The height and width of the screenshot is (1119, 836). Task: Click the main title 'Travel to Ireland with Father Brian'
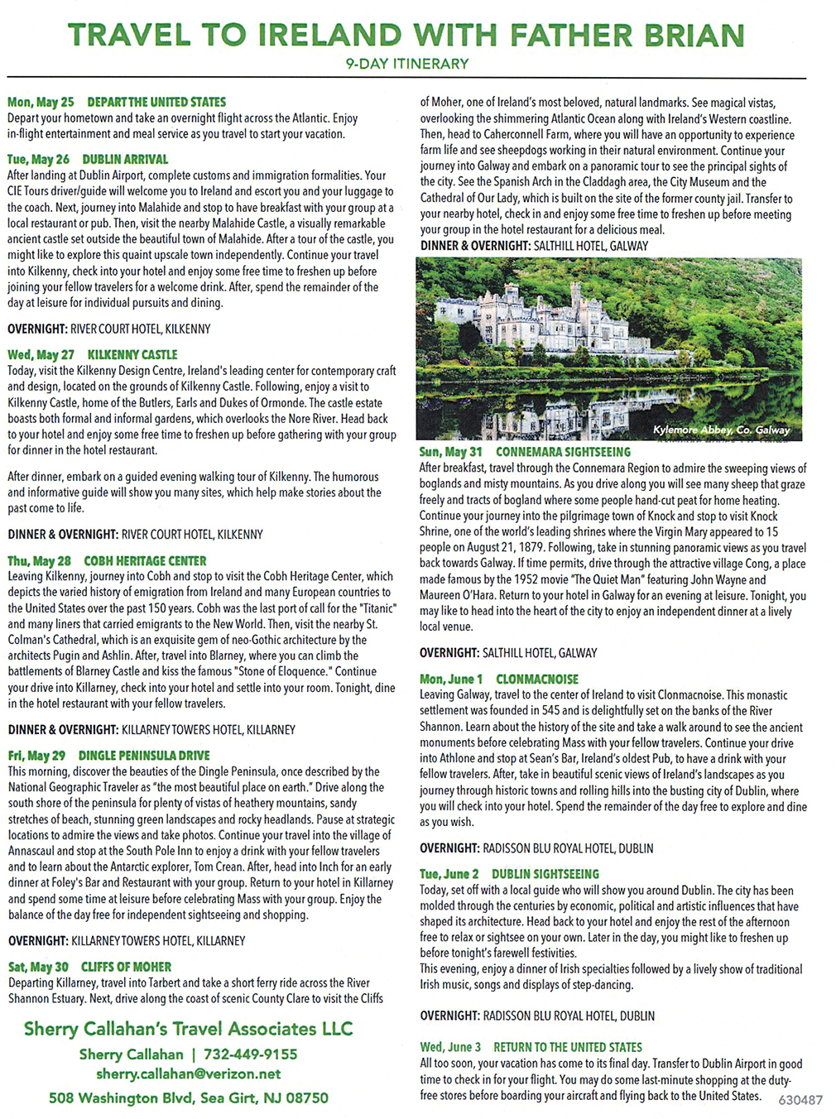click(x=406, y=36)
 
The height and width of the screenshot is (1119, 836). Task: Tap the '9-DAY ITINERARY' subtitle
click(x=406, y=64)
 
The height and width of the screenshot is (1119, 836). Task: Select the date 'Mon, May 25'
click(x=41, y=103)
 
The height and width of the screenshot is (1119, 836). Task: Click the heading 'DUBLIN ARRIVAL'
click(x=125, y=159)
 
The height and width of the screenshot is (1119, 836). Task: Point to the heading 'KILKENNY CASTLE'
click(x=132, y=354)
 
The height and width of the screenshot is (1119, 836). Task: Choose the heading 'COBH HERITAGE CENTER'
click(x=145, y=560)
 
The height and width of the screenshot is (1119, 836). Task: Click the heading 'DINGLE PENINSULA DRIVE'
click(x=144, y=756)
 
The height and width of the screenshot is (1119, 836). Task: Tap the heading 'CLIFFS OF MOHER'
click(x=126, y=967)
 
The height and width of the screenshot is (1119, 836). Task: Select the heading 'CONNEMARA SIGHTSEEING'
click(x=563, y=452)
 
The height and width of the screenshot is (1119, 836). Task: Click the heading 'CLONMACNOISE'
click(x=537, y=679)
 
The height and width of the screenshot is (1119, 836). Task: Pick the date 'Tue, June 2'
click(x=449, y=874)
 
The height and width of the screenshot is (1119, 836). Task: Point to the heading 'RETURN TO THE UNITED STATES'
click(x=568, y=1047)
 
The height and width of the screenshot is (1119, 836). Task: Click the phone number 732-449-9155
click(x=250, y=1054)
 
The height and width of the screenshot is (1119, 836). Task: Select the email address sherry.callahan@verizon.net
click(x=188, y=1074)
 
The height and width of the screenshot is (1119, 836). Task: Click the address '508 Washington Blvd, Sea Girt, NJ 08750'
click(x=188, y=1098)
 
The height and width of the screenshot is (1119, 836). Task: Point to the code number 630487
click(x=800, y=1100)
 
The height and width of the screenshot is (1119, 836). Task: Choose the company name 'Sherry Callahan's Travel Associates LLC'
click(x=188, y=1029)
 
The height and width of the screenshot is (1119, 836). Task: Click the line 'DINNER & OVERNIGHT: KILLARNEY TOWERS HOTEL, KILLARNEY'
click(x=151, y=729)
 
